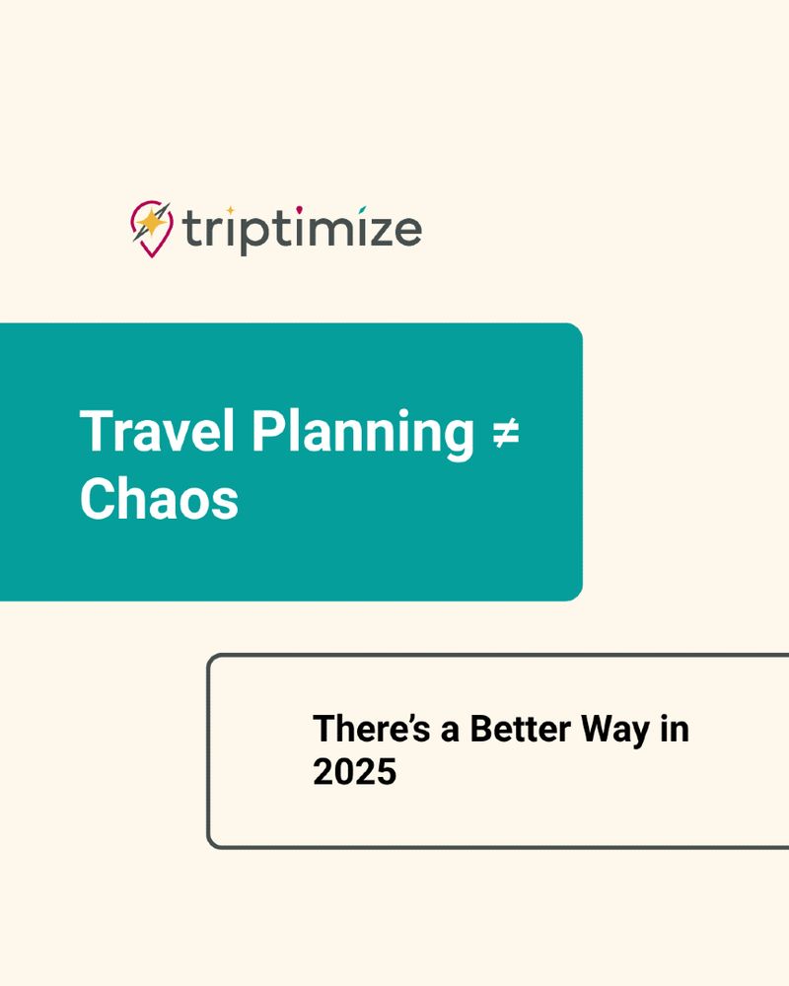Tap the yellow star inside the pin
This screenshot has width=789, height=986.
tap(151, 223)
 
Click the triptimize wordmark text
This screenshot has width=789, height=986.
tap(302, 231)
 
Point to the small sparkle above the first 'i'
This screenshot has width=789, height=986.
tap(229, 210)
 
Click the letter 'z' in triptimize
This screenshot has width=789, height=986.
tap(377, 233)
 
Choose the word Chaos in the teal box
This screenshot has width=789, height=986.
tap(159, 499)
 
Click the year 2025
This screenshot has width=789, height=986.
tap(354, 772)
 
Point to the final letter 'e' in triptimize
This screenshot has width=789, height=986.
tap(406, 233)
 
